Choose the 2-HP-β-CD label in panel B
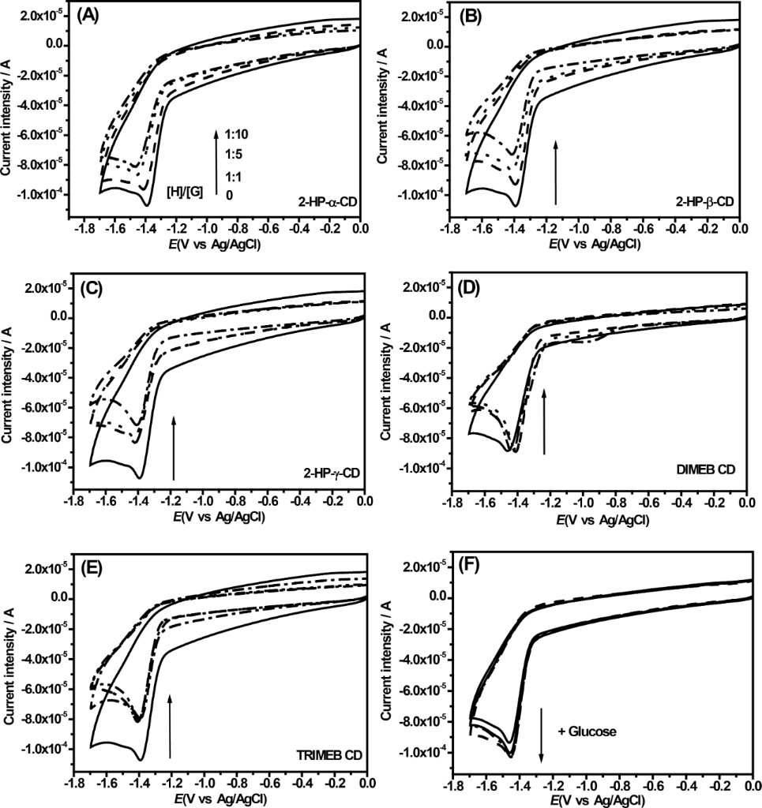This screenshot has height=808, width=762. [704, 202]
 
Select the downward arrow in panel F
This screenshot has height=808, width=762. [542, 734]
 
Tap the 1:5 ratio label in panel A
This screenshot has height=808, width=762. [234, 154]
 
